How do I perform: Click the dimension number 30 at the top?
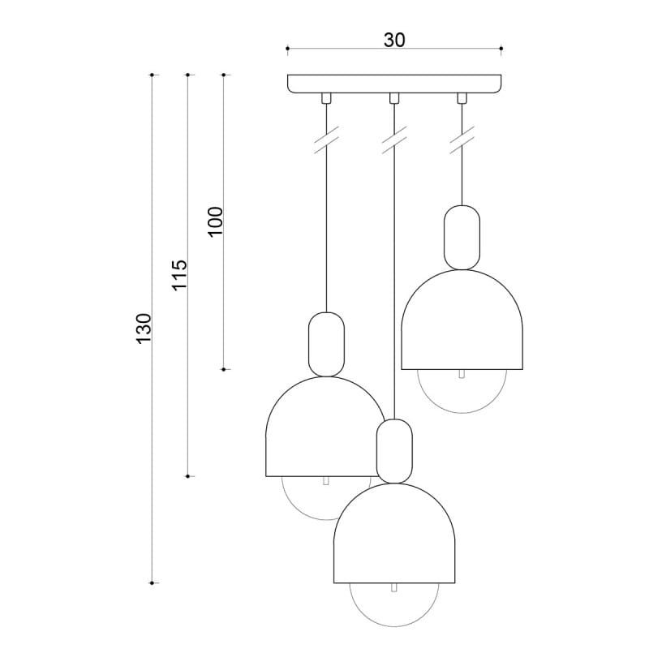click(x=394, y=40)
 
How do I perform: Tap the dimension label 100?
click(x=216, y=221)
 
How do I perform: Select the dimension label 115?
click(x=179, y=275)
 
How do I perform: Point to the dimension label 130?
click(x=144, y=329)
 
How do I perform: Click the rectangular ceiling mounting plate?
click(x=394, y=84)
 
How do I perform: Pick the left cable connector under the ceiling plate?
click(x=327, y=98)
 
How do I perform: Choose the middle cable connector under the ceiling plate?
click(x=394, y=98)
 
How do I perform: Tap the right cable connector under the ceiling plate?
click(x=462, y=98)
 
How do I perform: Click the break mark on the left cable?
click(x=327, y=140)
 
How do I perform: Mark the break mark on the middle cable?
click(x=394, y=140)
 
